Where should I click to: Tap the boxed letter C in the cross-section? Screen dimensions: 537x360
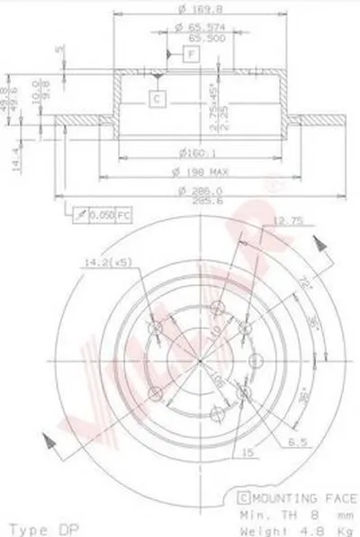(x=157, y=98)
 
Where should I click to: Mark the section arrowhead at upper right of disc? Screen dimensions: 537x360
(x=318, y=243)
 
